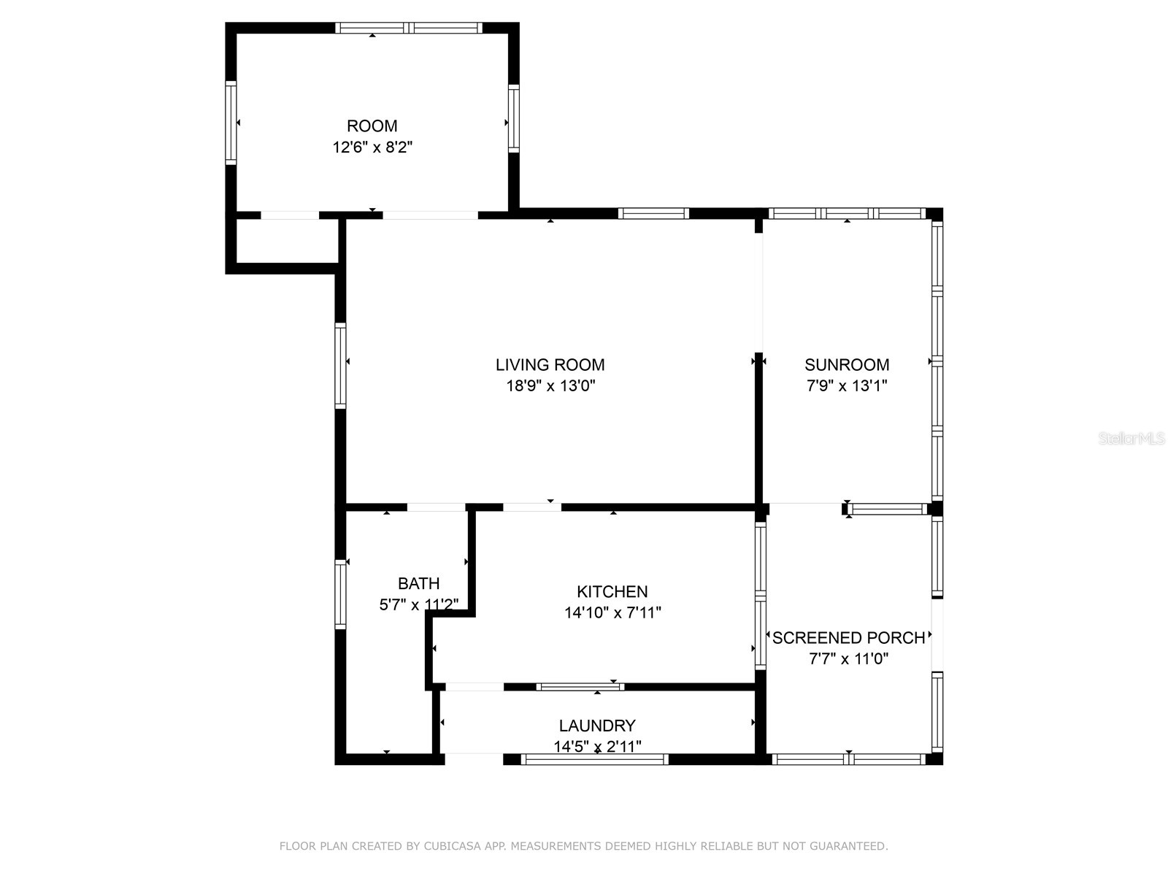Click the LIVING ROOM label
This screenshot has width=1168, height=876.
pyautogui.click(x=550, y=365)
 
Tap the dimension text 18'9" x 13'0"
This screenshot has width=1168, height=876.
pyautogui.click(x=550, y=386)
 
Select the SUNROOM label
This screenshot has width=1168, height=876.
pyautogui.click(x=847, y=365)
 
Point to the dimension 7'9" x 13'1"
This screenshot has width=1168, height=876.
pyautogui.click(x=847, y=386)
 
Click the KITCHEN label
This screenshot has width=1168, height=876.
pyautogui.click(x=612, y=591)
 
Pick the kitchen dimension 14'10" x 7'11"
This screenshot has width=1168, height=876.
pyautogui.click(x=612, y=612)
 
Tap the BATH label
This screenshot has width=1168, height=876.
pyautogui.click(x=418, y=583)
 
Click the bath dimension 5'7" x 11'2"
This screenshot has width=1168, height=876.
pyautogui.click(x=418, y=604)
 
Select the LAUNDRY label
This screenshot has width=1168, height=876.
pyautogui.click(x=597, y=726)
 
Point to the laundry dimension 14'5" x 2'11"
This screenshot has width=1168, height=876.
pyautogui.click(x=597, y=747)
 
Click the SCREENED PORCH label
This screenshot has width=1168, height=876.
pyautogui.click(x=848, y=638)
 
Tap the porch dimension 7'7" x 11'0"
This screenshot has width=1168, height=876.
pyautogui.click(x=848, y=659)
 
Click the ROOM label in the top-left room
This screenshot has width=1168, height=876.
pyautogui.click(x=372, y=126)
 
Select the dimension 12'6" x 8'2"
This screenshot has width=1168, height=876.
pyautogui.click(x=372, y=147)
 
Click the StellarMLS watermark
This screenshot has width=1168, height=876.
pyautogui.click(x=1131, y=439)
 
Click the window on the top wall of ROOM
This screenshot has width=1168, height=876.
pyautogui.click(x=409, y=28)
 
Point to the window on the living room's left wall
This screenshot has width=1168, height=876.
pyautogui.click(x=340, y=365)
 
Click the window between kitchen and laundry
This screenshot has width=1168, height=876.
pyautogui.click(x=580, y=686)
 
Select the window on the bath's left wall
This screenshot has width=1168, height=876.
pyautogui.click(x=340, y=593)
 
